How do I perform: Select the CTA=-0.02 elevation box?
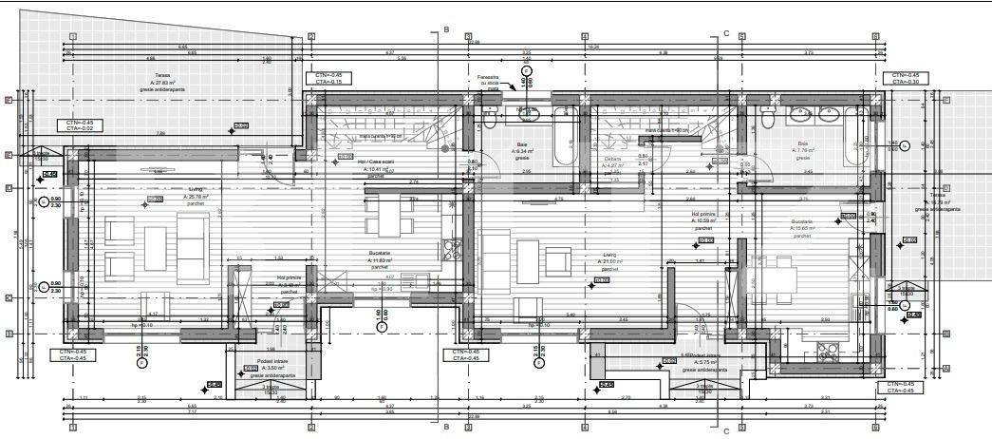click(80, 127)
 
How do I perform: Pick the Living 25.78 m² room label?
click(171, 195)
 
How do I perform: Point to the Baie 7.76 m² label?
click(803, 148)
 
